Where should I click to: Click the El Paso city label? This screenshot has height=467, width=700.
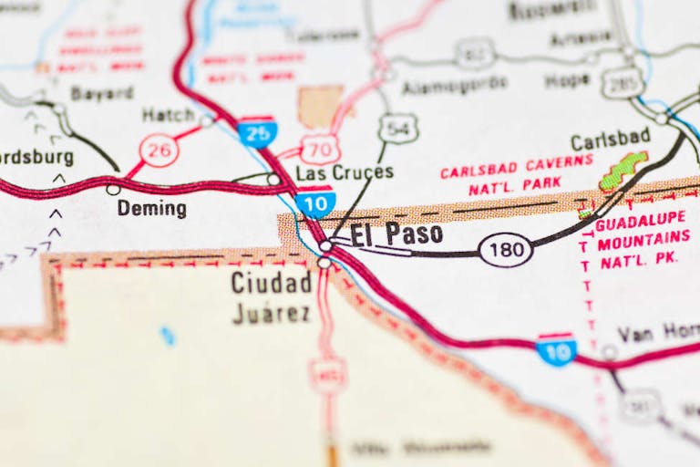click(x=396, y=233)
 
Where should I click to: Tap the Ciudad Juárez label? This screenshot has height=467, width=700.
click(x=271, y=297)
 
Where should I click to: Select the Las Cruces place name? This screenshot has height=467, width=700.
click(x=345, y=172)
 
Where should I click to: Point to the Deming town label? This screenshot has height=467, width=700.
click(x=151, y=209)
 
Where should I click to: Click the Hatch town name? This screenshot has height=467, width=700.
click(x=168, y=115)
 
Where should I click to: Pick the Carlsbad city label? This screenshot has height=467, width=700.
click(x=610, y=140)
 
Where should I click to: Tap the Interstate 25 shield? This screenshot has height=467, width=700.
click(x=257, y=132)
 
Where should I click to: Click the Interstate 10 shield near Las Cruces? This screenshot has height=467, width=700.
click(x=315, y=202)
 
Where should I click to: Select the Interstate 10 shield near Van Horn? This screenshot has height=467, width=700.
click(x=556, y=349)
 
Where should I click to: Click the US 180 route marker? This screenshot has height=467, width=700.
click(x=505, y=249)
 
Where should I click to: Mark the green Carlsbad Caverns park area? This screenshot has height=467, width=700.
click(x=623, y=171)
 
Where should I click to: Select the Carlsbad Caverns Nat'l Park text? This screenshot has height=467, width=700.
click(x=516, y=180)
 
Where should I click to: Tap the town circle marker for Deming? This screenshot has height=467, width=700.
click(x=113, y=190)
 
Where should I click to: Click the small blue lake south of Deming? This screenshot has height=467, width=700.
click(x=167, y=336)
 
